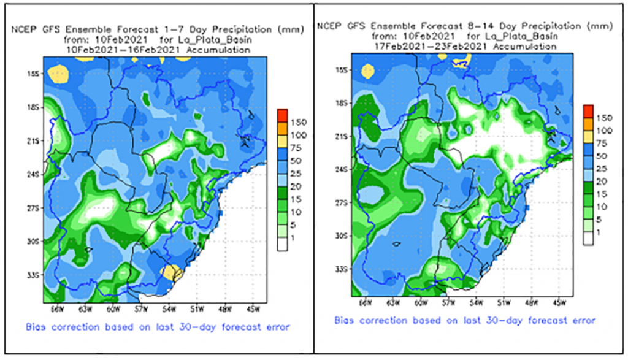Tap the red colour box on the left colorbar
pyautogui.click(x=282, y=114)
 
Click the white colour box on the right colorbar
pyautogui.click(x=588, y=240)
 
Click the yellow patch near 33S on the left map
pyautogui.click(x=169, y=271)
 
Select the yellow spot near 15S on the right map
pyautogui.click(x=367, y=71)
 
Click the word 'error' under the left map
pyautogui.click(x=275, y=327)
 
